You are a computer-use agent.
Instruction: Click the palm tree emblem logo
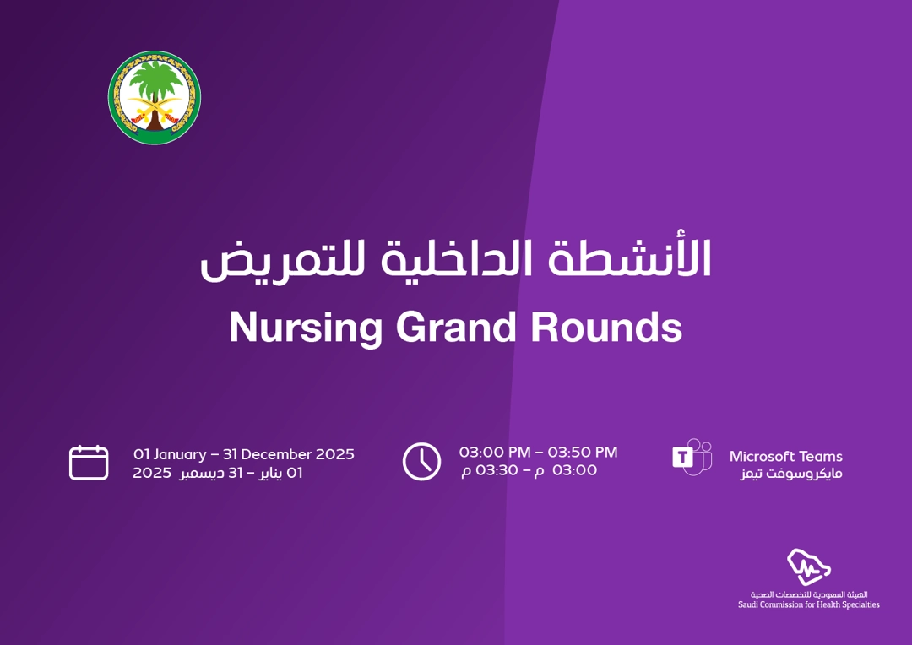(155, 97)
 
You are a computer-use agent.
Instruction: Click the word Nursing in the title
(306, 328)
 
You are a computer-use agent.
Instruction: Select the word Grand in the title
(456, 327)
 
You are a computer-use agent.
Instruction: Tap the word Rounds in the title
(606, 327)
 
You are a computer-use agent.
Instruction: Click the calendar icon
(89, 463)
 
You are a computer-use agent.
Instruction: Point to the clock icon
(421, 462)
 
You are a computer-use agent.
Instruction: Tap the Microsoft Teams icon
(692, 457)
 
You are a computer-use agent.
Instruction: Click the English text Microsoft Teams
(786, 457)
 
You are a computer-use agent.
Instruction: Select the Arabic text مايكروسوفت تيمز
(791, 474)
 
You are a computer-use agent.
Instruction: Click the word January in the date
(180, 454)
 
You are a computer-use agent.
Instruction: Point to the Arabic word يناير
(270, 473)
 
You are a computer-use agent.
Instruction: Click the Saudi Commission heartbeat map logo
(808, 566)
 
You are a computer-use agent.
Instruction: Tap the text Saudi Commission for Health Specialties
(808, 604)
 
